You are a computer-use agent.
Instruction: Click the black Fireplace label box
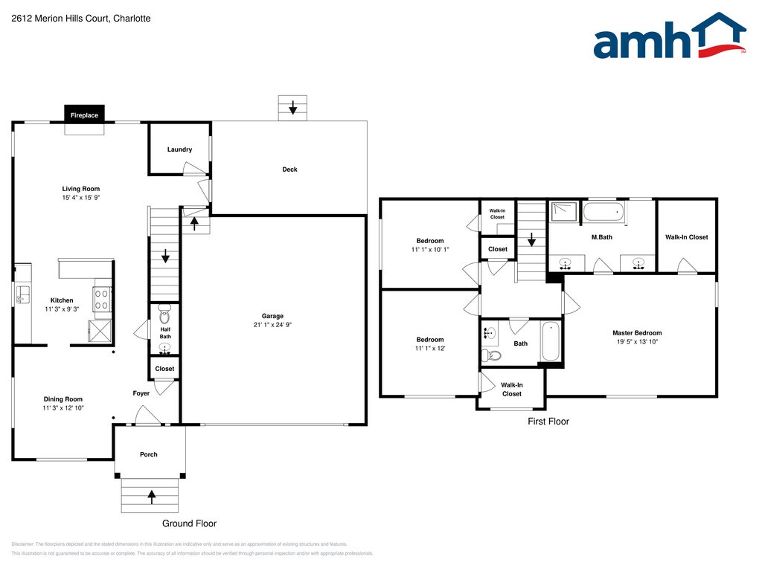pos(84,115)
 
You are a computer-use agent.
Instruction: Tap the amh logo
pos(670,36)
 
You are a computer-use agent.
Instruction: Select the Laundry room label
pos(180,149)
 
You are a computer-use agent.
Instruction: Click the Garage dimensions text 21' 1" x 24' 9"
pos(272,325)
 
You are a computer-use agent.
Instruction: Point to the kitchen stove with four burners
pos(102,299)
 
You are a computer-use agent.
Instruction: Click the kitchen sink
pos(22,294)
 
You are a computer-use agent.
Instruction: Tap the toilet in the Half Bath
pos(164,314)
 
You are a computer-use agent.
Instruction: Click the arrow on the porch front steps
pos(152,496)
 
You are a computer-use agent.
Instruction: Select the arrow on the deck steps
pos(292,107)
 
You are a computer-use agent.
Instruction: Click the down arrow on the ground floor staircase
pos(165,256)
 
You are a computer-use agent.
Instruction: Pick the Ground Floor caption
pos(190,523)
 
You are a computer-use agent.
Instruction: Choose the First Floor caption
pos(548,422)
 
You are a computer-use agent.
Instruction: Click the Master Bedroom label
pos(637,333)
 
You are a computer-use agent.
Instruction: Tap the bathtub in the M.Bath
pos(603,212)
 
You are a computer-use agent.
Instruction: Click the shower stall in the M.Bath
pos(564,211)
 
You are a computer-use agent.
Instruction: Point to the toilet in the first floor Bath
pos(491,355)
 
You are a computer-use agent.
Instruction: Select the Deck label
pos(289,170)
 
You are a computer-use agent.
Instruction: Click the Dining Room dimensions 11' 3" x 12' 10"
pos(63,408)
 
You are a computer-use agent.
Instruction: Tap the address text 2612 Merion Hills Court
pos(60,19)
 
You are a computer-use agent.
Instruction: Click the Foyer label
pos(141,393)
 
